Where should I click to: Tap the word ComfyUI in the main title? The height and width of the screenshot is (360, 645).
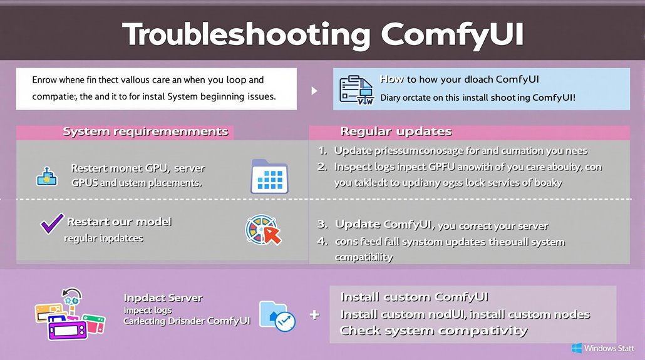[453, 34]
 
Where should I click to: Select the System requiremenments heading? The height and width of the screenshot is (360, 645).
[145, 132]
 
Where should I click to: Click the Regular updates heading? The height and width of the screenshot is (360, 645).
[396, 131]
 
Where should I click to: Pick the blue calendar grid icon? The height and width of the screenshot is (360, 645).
[269, 175]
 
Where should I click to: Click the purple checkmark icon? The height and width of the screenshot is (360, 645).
[51, 223]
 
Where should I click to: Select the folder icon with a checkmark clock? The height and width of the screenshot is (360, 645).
[277, 316]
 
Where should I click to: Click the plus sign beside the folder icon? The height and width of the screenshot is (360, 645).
[314, 315]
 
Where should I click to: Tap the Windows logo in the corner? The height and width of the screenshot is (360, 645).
[577, 348]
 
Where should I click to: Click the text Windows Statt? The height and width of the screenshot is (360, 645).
[610, 348]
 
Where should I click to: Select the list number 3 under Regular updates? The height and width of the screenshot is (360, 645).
[322, 225]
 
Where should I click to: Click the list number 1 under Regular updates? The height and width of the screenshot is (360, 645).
[322, 150]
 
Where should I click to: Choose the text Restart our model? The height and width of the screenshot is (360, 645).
[119, 222]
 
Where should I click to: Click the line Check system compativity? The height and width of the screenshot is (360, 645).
[433, 331]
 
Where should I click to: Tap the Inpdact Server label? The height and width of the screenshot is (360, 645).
[163, 298]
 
